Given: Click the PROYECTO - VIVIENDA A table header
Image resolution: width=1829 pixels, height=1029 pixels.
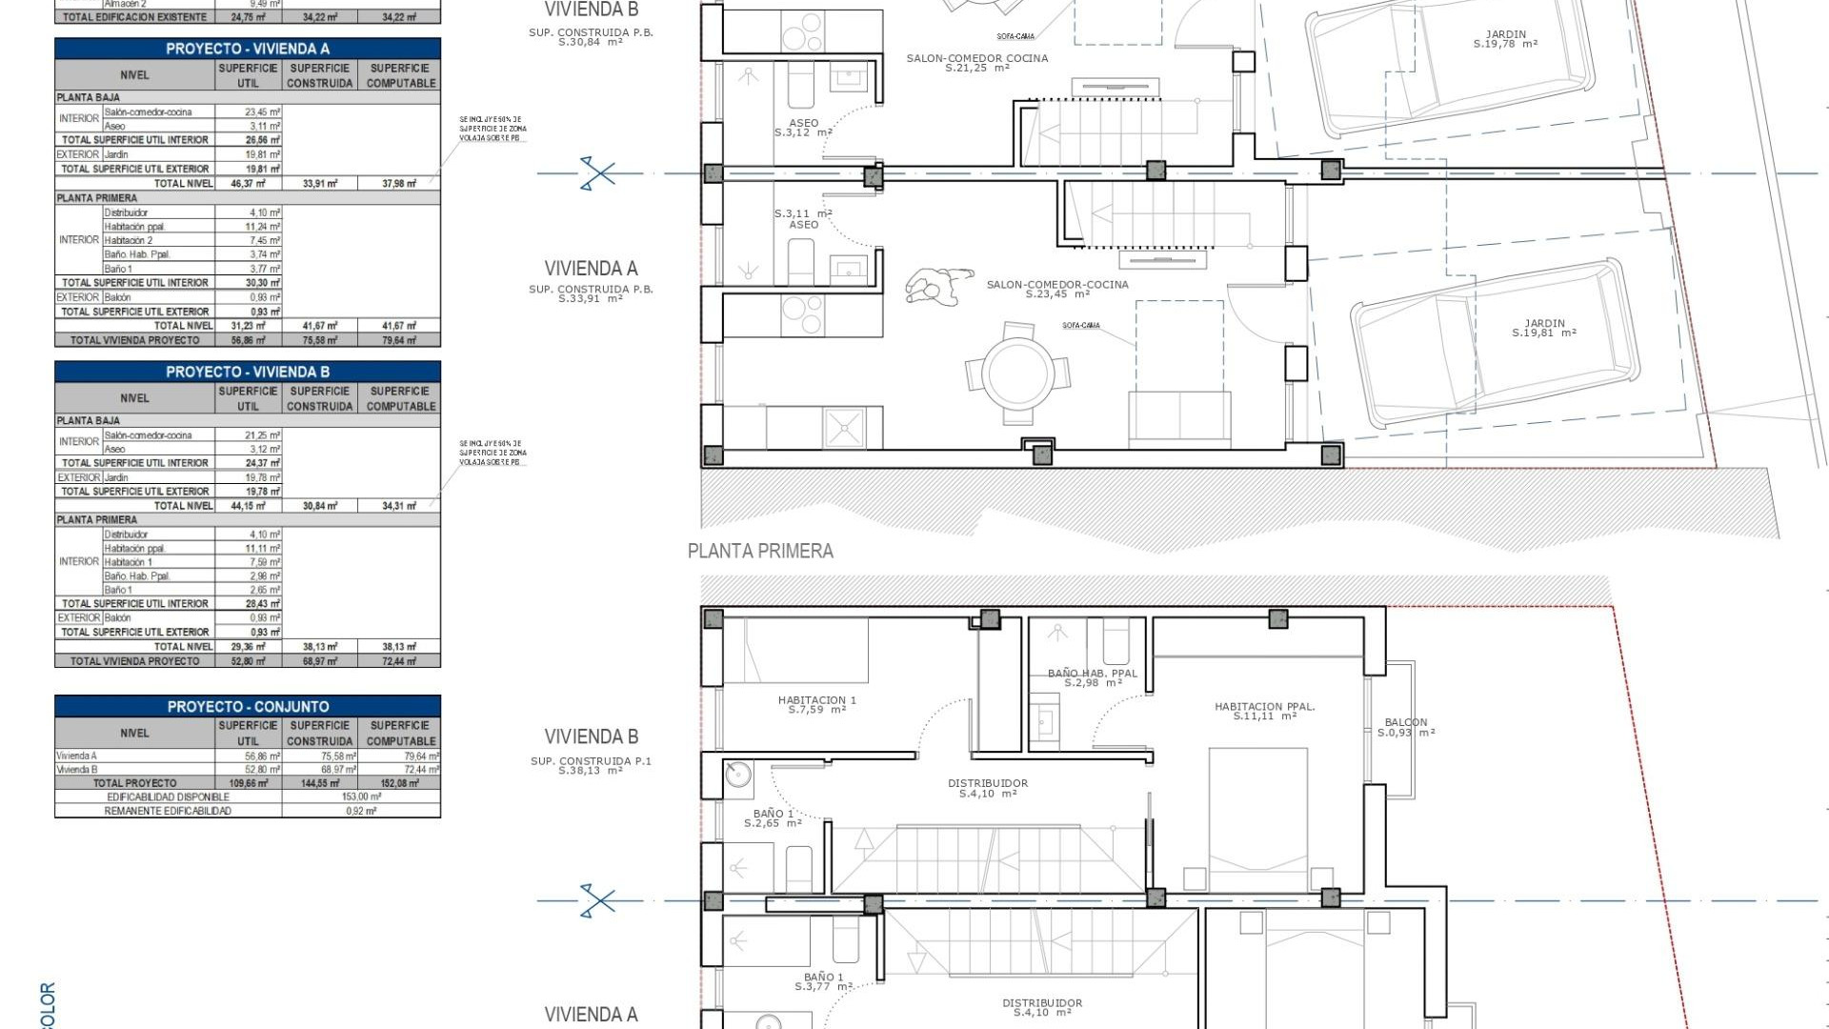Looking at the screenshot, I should [x=248, y=49].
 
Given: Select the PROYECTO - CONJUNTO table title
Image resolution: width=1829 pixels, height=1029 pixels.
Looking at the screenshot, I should [x=248, y=707].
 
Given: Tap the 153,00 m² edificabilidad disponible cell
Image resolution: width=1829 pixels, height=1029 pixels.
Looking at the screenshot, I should [x=361, y=797].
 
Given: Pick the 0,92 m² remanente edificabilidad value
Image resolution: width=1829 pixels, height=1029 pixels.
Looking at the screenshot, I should [x=361, y=811].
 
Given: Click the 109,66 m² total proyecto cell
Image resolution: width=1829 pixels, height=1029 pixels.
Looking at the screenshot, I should [x=249, y=783].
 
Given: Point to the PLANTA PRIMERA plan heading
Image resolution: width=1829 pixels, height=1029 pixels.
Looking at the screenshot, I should [x=760, y=551].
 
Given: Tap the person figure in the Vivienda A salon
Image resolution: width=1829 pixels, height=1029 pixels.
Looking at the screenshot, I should [x=938, y=286].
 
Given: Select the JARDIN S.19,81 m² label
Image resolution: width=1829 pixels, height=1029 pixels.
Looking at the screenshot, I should [x=1544, y=329].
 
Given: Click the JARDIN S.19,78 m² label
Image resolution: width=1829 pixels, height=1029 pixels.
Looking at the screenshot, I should [x=1505, y=39].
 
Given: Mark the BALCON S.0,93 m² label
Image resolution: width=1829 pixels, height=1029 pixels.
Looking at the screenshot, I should [x=1406, y=727].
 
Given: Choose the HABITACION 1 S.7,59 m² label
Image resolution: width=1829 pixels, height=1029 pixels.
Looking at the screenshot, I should [x=816, y=705].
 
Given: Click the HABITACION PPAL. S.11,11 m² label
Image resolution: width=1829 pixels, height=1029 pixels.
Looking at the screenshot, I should [x=1264, y=712].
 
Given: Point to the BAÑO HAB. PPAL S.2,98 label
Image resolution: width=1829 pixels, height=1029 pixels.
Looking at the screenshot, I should [x=1092, y=677].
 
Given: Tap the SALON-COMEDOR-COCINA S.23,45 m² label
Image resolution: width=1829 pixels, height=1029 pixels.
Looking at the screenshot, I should [x=1056, y=290].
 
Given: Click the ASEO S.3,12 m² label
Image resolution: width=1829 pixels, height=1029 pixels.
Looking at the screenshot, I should [x=803, y=128].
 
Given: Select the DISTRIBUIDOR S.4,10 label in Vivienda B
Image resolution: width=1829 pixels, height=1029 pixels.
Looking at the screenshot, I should [x=987, y=788].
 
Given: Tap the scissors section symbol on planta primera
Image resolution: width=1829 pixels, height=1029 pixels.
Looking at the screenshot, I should [x=598, y=900].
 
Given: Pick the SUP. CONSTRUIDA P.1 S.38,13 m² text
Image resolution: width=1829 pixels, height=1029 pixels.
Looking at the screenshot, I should [x=591, y=766].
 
